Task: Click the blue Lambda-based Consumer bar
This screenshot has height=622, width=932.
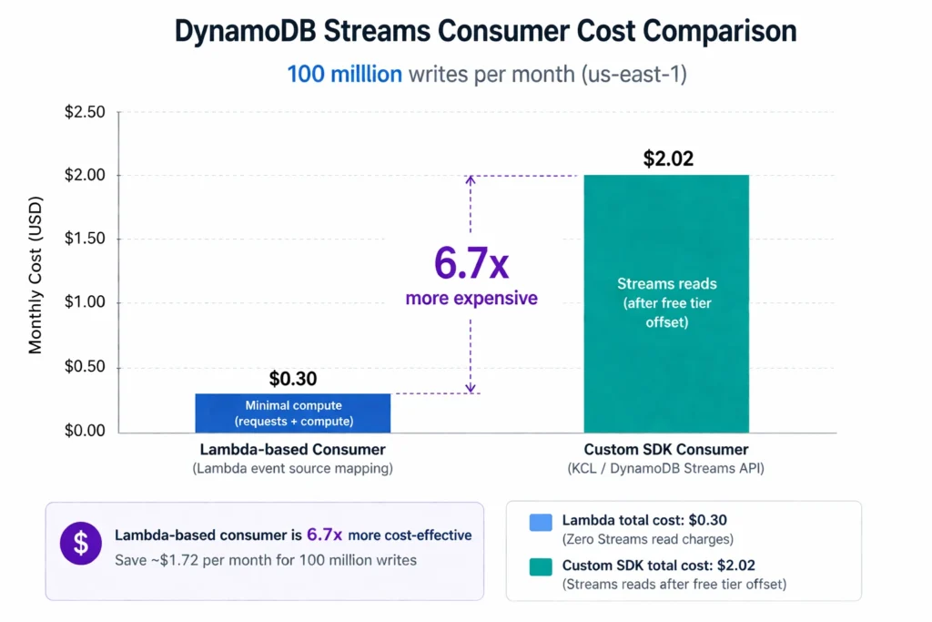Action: pyautogui.click(x=293, y=413)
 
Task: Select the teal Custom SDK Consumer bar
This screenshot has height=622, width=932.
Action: pyautogui.click(x=666, y=303)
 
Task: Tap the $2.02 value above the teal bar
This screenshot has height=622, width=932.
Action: pyautogui.click(x=668, y=158)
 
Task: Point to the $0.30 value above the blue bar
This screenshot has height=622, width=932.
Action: pyautogui.click(x=293, y=379)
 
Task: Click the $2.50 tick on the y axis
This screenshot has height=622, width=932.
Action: pyautogui.click(x=85, y=112)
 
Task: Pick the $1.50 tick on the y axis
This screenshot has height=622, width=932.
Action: pyautogui.click(x=85, y=240)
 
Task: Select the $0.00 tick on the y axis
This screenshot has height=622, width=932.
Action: pyautogui.click(x=85, y=431)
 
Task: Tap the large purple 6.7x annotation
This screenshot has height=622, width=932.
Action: pyautogui.click(x=471, y=262)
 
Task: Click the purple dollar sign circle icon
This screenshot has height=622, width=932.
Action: pyautogui.click(x=81, y=544)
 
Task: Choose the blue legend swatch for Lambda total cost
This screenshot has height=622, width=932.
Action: pyautogui.click(x=540, y=523)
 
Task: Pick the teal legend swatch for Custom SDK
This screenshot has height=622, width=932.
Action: pyautogui.click(x=540, y=566)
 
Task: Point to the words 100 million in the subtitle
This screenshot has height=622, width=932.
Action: pyautogui.click(x=344, y=74)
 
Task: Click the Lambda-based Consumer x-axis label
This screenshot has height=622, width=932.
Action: pyautogui.click(x=293, y=450)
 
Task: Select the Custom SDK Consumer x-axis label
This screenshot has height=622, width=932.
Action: pyautogui.click(x=666, y=450)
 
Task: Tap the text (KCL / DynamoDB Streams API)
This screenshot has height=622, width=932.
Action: pyautogui.click(x=666, y=469)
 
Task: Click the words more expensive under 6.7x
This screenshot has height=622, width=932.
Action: pyautogui.click(x=471, y=299)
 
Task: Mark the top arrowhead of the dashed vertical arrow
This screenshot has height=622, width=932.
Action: pyautogui.click(x=471, y=179)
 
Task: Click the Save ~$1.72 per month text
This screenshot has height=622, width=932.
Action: pyautogui.click(x=265, y=560)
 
